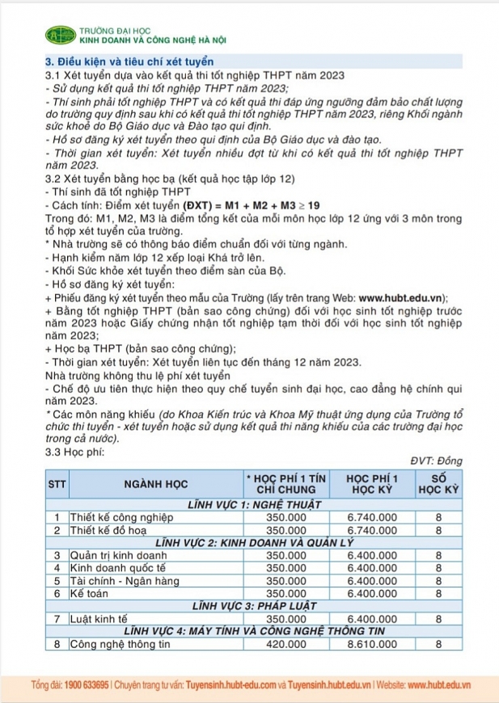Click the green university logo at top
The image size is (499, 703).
pos(60,35)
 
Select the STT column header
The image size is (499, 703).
pos(57,484)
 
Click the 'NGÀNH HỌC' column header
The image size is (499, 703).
pos(156,484)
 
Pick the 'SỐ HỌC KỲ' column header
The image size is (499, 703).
pos(438,484)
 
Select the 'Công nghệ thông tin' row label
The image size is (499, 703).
pos(120,644)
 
